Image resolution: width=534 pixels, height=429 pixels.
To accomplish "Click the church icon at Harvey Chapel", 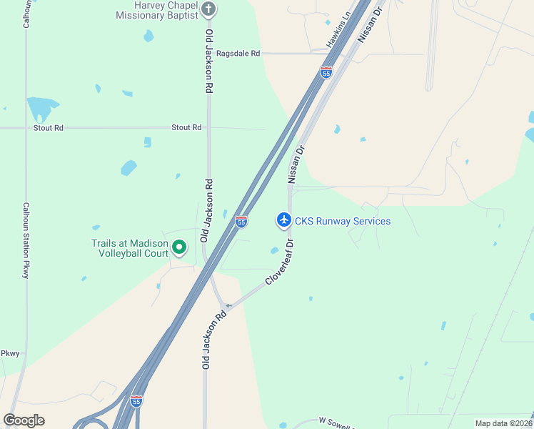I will coord(208,9).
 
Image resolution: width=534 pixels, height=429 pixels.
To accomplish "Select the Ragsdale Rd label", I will coord(238,54).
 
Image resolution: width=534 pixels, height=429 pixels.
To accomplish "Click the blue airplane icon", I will coord(284,220).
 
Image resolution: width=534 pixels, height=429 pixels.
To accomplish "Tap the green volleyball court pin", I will coord(179,248).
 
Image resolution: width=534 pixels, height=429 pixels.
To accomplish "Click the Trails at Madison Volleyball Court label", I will coord(130,248).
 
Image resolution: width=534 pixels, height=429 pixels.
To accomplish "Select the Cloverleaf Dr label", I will coord(280,262).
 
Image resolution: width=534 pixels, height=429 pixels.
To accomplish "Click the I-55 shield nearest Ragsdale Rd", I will coord(326,72).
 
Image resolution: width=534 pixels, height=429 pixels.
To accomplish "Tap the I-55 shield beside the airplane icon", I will coord(241,222).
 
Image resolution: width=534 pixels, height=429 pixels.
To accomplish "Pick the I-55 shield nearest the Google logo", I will coord(136,400).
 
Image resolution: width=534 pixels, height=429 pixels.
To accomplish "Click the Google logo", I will coord(24,420).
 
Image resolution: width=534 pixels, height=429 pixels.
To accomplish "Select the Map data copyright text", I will coord(503,423).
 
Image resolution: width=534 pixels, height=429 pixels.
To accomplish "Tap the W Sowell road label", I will coord(336,423).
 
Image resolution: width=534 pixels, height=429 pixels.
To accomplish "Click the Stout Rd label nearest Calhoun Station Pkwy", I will coord(49,128).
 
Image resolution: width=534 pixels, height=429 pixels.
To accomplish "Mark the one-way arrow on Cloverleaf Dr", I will coord(228,306).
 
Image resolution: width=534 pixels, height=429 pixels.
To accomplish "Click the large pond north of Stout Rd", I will coord(41,108).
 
